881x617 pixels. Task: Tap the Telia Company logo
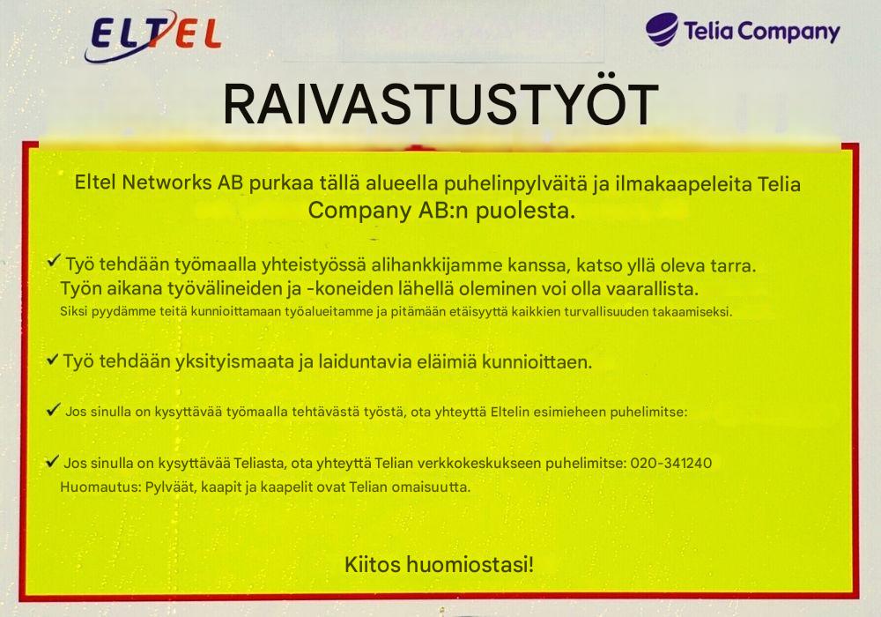[x=742, y=31]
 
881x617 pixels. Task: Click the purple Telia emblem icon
[x=662, y=30]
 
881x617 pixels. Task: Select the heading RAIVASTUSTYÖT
[x=440, y=105]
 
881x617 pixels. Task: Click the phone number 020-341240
[x=671, y=464]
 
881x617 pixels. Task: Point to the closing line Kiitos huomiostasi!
[x=440, y=563]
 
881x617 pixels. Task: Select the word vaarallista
[x=655, y=289]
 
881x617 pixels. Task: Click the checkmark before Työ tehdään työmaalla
[x=54, y=262]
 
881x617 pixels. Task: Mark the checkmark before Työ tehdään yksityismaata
[x=53, y=359]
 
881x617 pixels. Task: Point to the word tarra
[x=737, y=264]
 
